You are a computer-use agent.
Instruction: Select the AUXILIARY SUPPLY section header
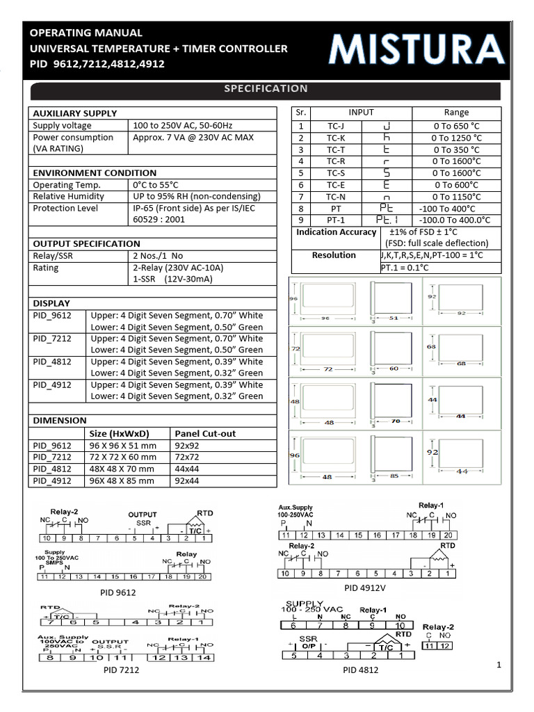[75, 113]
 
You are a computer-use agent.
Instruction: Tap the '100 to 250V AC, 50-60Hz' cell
[182, 125]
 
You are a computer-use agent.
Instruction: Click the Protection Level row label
[65, 208]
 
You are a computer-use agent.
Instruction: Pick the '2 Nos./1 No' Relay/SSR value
[159, 256]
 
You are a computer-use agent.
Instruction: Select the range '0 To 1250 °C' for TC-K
[456, 138]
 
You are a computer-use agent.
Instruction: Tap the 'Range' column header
[456, 113]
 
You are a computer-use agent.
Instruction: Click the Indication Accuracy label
[336, 232]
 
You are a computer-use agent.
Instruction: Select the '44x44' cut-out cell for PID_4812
[186, 469]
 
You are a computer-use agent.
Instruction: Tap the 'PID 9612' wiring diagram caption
[118, 592]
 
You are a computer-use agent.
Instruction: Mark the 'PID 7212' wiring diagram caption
[121, 670]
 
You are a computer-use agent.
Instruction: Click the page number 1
[499, 665]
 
